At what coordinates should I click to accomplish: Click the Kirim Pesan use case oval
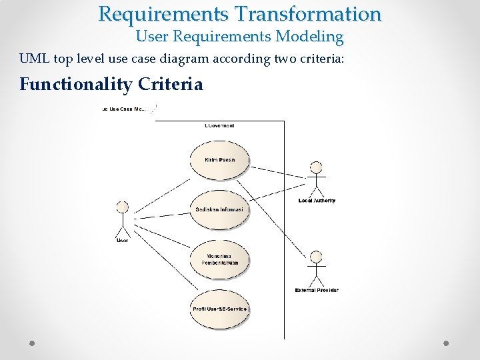tap(219, 160)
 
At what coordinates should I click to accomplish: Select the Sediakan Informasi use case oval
tap(219, 210)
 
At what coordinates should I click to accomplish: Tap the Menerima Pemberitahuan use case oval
tap(219, 259)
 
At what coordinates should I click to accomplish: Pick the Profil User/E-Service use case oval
tap(219, 308)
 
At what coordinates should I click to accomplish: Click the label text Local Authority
tap(317, 201)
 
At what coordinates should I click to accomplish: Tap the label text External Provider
tap(316, 290)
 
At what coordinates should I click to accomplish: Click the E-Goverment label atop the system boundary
tap(219, 125)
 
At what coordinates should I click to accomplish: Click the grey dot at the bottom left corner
tap(32, 343)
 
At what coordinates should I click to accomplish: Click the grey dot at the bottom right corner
tap(446, 343)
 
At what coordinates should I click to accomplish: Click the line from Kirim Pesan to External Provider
tap(280, 213)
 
